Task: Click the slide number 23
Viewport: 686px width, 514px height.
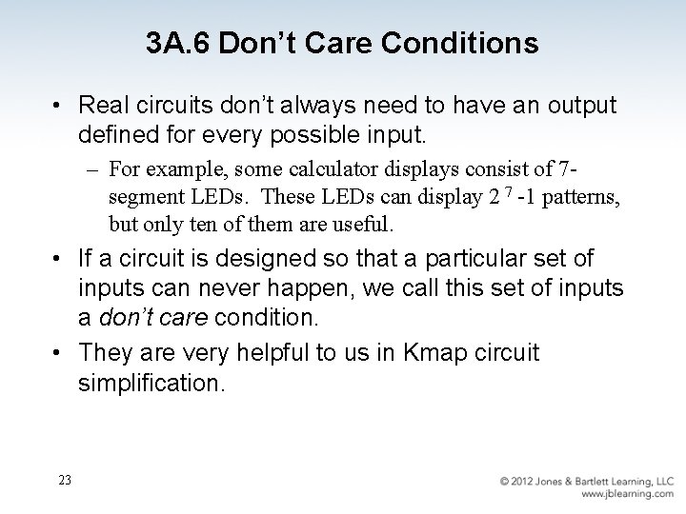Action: [64, 480]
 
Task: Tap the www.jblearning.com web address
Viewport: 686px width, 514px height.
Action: [627, 494]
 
